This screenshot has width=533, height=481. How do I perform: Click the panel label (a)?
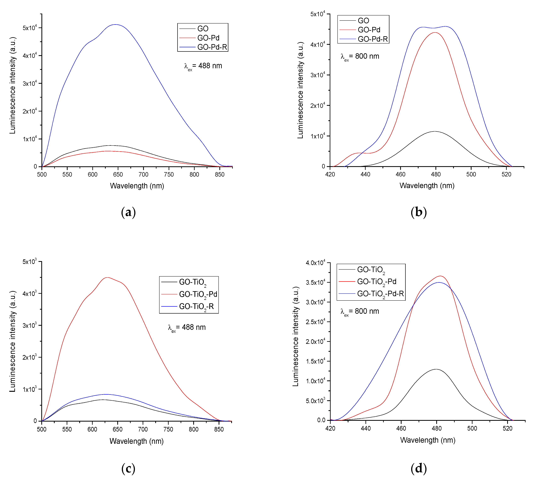point(128,212)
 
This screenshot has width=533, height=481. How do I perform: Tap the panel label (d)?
point(419,468)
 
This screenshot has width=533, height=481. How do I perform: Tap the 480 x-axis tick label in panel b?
point(436,174)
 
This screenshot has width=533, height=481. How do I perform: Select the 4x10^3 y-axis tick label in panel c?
point(30,293)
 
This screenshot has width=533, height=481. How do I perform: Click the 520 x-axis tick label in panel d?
point(507,428)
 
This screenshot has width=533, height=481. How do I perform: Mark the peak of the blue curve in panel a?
point(116,25)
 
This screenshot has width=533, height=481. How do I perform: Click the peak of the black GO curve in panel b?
point(435,131)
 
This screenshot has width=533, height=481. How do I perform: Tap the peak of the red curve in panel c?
point(107,277)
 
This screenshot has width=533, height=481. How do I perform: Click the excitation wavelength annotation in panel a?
point(203,66)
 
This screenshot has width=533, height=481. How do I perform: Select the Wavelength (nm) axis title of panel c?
point(136,441)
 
